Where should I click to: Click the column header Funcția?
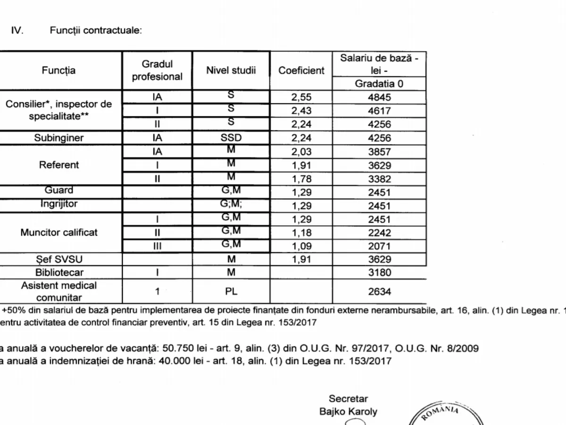(58, 70)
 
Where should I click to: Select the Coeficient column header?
(301, 70)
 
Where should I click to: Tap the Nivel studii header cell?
(231, 70)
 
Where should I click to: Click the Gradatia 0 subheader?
(379, 84)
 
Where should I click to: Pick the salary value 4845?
(379, 98)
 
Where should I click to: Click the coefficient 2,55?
(301, 98)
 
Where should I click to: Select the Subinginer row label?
(58, 138)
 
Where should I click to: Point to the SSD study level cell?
(231, 138)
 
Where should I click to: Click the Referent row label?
(58, 165)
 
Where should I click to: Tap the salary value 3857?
(379, 152)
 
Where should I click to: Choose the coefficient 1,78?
(301, 179)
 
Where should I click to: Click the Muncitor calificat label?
(58, 232)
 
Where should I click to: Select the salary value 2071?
(379, 246)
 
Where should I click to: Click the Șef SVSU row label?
(58, 259)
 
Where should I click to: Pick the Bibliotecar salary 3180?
(379, 272)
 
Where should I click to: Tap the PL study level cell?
(231, 291)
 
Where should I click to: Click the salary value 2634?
(379, 291)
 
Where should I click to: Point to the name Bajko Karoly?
(348, 411)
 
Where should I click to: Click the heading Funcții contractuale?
(96, 31)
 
